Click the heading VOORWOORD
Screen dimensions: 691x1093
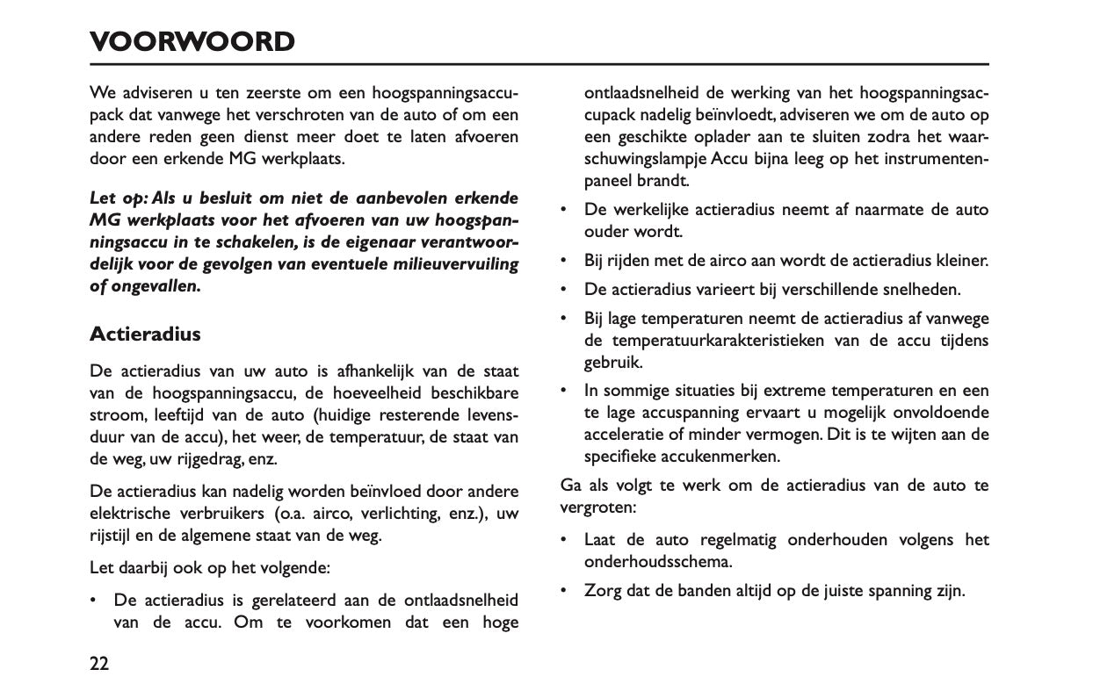192,41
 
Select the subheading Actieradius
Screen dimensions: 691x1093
145,335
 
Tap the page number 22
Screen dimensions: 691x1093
99,663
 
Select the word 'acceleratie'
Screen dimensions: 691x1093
626,435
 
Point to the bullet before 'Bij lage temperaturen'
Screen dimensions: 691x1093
563,318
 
